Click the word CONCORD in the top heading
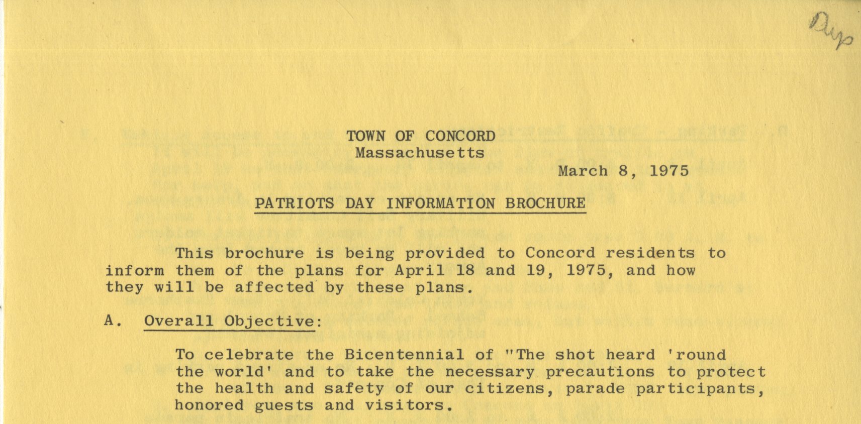click(460, 136)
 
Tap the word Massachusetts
click(420, 153)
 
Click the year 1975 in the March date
click(669, 171)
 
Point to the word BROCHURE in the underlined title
click(545, 203)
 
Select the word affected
click(274, 287)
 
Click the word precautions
click(600, 372)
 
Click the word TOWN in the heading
click(366, 136)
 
